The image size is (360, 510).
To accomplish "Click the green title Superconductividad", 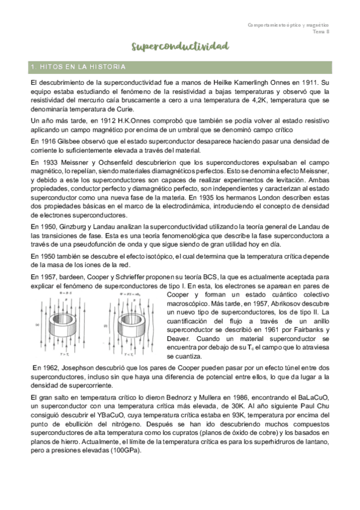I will pyautogui.click(x=180, y=46).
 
